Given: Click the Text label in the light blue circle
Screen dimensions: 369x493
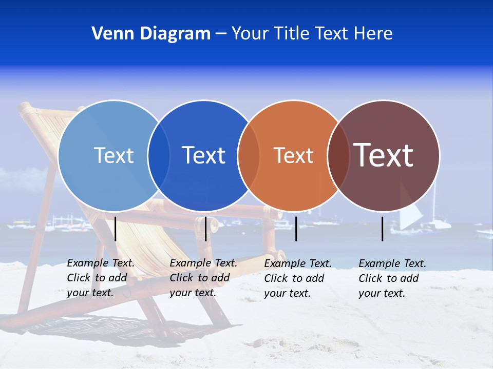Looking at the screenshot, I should click(113, 155).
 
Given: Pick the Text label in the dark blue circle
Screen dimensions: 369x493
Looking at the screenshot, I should click(203, 155).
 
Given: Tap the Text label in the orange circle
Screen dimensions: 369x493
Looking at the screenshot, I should click(293, 155).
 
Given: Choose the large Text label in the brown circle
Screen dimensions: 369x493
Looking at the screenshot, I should click(384, 155).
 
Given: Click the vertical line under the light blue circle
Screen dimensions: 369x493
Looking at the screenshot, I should click(116, 229).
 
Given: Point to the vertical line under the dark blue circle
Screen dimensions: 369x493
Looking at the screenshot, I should click(205, 229).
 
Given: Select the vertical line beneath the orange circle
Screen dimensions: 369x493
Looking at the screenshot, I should click(296, 229).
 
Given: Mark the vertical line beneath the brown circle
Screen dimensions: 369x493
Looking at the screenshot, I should click(383, 229).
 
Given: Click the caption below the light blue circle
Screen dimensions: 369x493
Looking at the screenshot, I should click(101, 278).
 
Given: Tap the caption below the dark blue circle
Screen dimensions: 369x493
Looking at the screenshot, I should click(203, 278).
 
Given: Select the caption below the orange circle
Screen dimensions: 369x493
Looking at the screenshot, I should click(298, 278).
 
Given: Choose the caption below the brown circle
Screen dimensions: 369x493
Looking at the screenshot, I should click(392, 278).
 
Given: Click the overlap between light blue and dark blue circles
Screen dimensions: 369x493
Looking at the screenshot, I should click(159, 156).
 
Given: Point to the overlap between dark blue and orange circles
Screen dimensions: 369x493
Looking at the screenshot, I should click(249, 156).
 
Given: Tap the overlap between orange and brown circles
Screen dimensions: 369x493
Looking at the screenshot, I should click(338, 156).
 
